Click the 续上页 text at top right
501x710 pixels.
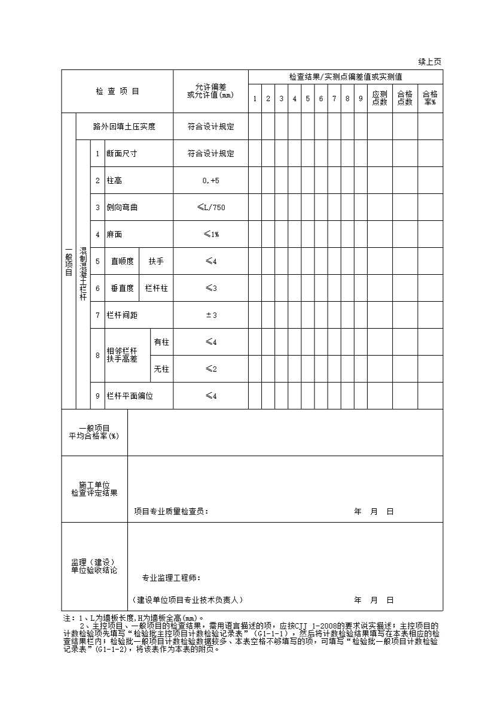[x=429, y=62]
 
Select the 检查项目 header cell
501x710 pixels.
[x=117, y=92]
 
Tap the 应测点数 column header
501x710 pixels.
[x=380, y=98]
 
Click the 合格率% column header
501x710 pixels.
[x=430, y=98]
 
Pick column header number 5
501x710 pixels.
[x=308, y=99]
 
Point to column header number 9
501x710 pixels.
[x=361, y=99]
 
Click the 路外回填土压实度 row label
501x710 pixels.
[x=124, y=126]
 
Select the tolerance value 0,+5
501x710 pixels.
[x=210, y=180]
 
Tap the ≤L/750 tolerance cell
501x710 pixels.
[x=210, y=207]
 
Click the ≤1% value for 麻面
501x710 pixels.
[x=210, y=234]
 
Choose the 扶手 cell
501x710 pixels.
[x=156, y=261]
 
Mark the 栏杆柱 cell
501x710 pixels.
[x=156, y=288]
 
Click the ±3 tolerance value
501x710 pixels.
[x=210, y=315]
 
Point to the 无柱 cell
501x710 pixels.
[x=161, y=369]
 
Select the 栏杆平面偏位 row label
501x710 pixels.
[x=130, y=396]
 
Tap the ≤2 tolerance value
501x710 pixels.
[x=210, y=369]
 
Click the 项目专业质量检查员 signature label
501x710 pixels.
[x=171, y=512]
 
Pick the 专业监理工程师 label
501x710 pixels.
[x=171, y=578]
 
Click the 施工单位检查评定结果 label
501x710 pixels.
[x=94, y=488]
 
